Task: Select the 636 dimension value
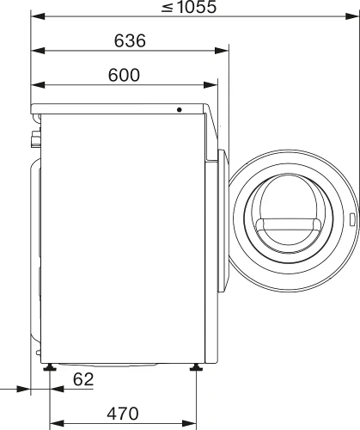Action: point(129,41)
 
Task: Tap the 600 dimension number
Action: point(124,74)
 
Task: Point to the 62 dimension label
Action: point(83,379)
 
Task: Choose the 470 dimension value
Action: point(123,413)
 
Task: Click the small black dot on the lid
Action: point(180,109)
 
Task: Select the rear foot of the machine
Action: point(51,368)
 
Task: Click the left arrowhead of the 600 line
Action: point(35,84)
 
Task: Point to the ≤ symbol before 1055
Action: point(164,9)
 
